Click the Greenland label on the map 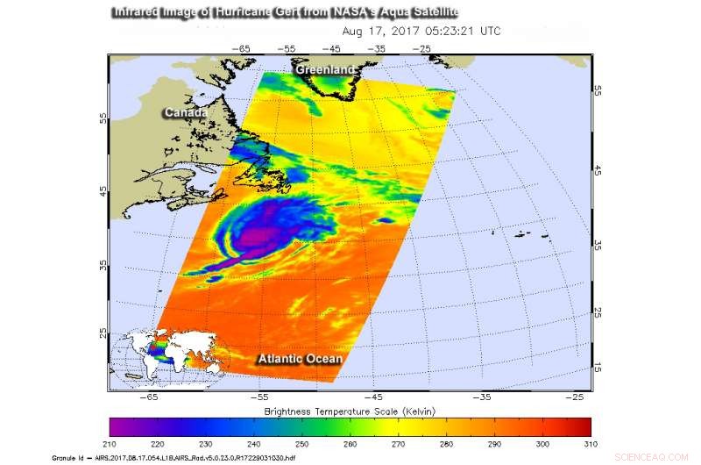coord(325,69)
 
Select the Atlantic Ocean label coord(299,359)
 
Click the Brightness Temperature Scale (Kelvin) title coord(350,411)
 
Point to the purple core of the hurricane coord(258,235)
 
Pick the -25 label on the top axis coord(425,50)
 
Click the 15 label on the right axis coord(597,366)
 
